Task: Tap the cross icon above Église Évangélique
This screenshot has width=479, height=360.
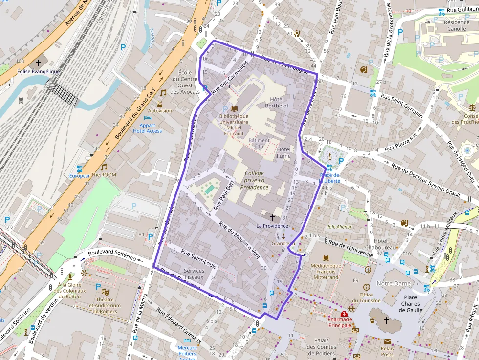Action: click(38, 63)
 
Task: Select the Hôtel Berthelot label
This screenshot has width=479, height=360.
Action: click(277, 102)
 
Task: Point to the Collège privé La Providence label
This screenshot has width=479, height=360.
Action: click(254, 180)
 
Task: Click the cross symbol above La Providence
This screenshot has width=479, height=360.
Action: click(272, 217)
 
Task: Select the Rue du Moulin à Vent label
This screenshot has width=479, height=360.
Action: click(239, 239)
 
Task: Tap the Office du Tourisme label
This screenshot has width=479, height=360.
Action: click(366, 297)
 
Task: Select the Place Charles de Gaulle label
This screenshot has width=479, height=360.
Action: click(409, 303)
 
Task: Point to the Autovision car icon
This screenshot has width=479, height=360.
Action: click(160, 103)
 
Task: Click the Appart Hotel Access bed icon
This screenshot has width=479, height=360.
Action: click(147, 118)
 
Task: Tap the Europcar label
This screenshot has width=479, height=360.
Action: click(79, 175)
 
